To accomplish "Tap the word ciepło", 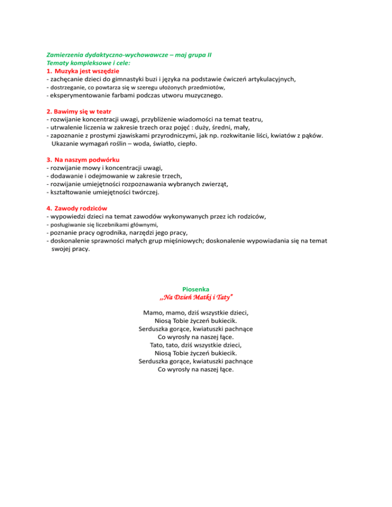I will click(x=186, y=144).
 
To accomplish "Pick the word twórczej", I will click(x=144, y=193).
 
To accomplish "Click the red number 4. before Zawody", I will click(x=49, y=209).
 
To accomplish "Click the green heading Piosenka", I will click(x=196, y=289).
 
